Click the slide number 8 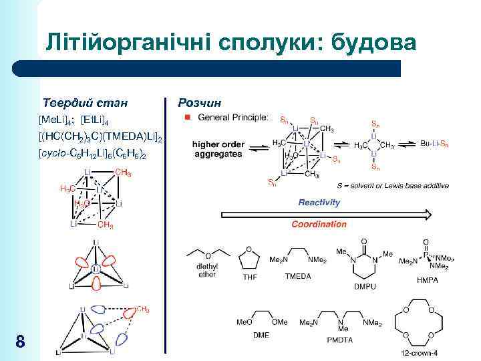(x=20, y=343)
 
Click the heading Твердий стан (x=85, y=103)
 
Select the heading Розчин (x=200, y=103)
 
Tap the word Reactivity (x=319, y=203)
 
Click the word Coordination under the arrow (x=319, y=225)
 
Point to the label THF (x=249, y=277)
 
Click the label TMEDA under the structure (x=298, y=275)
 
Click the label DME (x=261, y=334)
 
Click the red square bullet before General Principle (x=188, y=118)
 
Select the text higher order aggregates (x=218, y=148)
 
